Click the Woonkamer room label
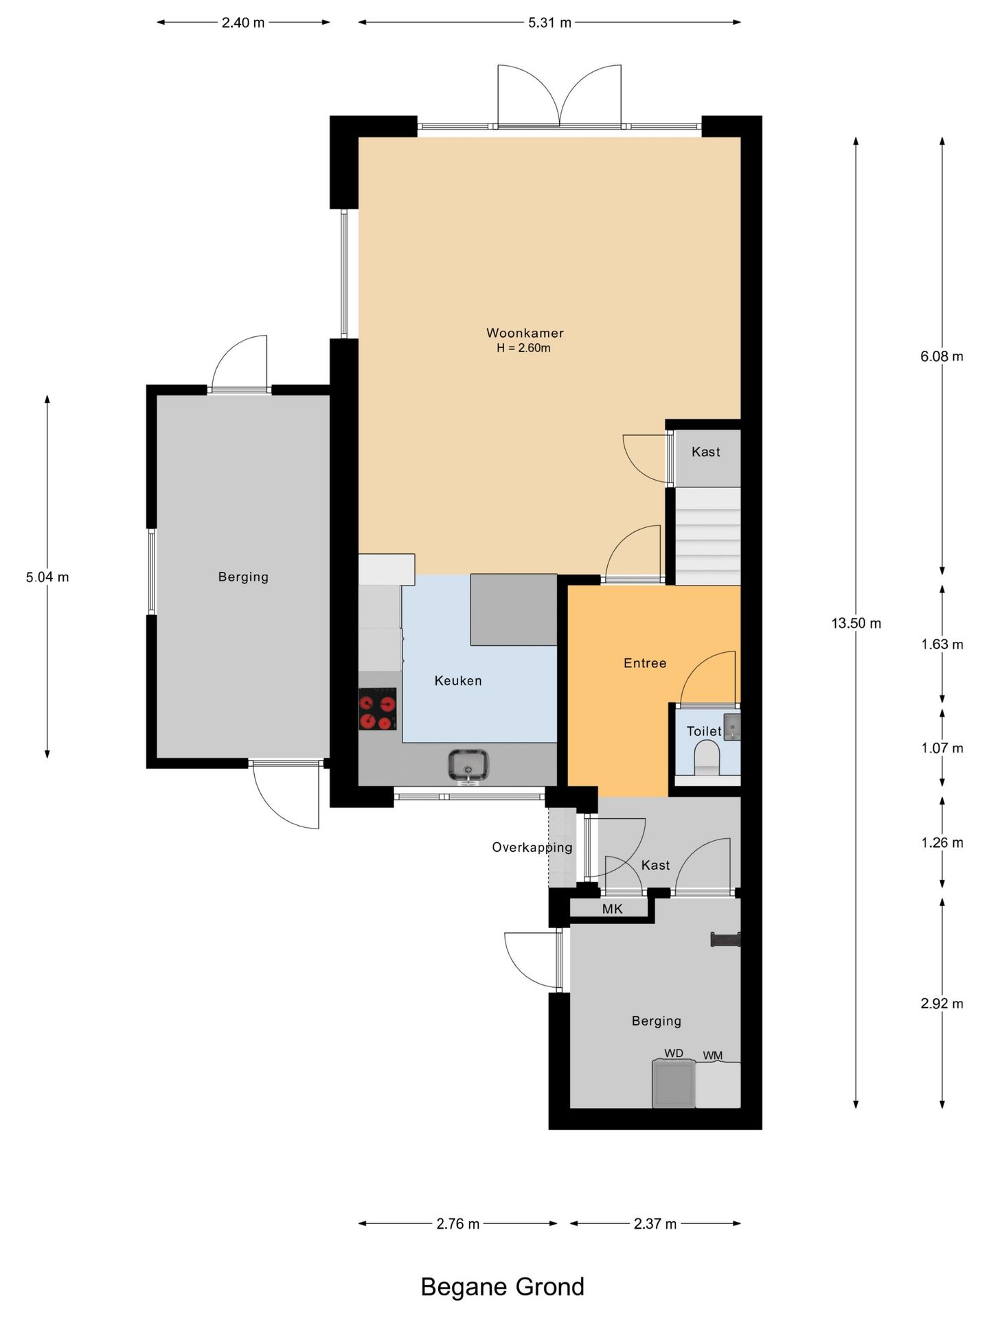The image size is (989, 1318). point(525,333)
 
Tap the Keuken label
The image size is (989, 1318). point(458,681)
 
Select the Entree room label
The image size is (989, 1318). point(645,663)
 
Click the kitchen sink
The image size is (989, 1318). point(468,765)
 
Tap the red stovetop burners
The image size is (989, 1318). point(378,709)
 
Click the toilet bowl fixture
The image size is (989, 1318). point(707,760)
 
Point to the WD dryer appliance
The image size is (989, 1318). point(674,1084)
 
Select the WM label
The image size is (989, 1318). point(712,1056)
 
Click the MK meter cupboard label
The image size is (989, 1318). point(612,909)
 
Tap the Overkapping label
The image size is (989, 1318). point(532,848)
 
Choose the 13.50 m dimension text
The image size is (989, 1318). point(856,623)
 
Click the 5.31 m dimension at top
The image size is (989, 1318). point(549,23)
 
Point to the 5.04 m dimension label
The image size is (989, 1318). point(47,577)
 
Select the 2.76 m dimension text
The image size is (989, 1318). point(458,1224)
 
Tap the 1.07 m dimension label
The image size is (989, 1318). point(942,748)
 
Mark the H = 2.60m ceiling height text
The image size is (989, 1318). point(524,348)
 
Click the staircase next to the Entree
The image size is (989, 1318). point(708,536)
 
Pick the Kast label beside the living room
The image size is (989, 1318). point(706,452)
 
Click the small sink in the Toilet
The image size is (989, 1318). point(732,726)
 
